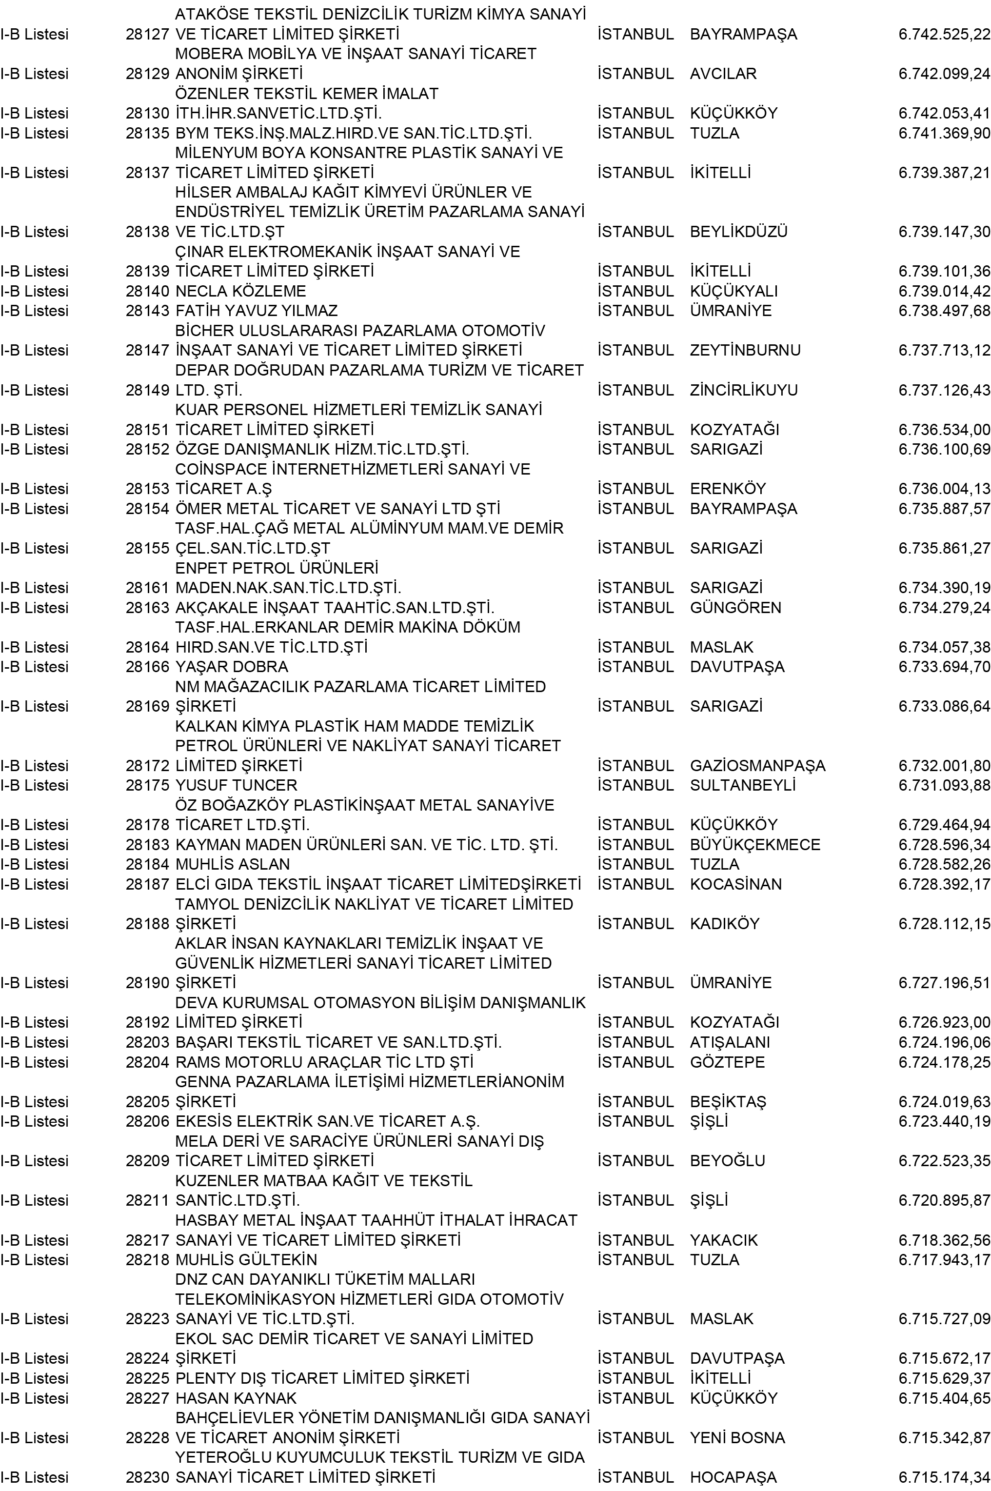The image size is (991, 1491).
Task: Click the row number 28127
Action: (x=147, y=34)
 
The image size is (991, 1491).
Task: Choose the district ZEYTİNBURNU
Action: (x=745, y=351)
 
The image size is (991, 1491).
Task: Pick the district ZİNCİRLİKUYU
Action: (x=744, y=391)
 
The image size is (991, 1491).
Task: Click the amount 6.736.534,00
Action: (x=944, y=430)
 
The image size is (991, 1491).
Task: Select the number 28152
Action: (x=147, y=449)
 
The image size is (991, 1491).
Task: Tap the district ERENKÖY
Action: (x=728, y=489)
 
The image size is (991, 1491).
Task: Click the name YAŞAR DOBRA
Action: (x=231, y=667)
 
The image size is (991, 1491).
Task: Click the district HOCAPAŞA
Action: (x=733, y=1478)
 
